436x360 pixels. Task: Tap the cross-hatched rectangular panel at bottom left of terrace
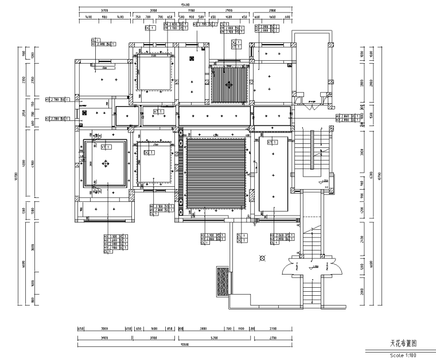coord(221,282)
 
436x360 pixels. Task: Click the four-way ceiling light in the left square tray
coord(105,164)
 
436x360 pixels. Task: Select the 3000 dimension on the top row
coord(153,11)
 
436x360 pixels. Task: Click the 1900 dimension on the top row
coord(191,11)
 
